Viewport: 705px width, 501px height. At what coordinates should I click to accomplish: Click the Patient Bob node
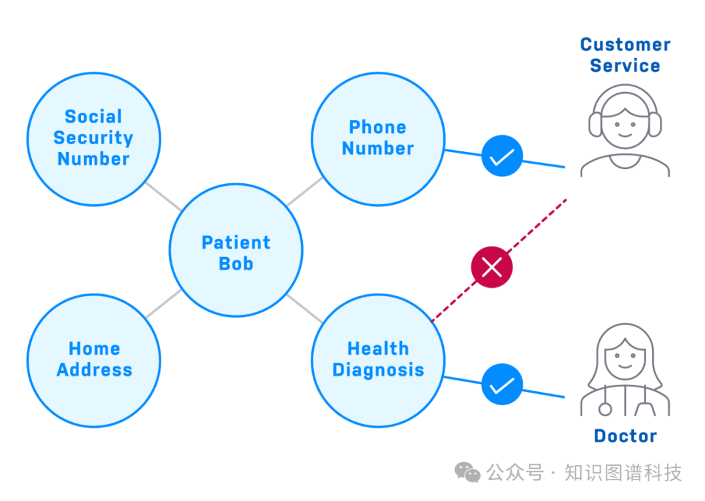click(x=236, y=250)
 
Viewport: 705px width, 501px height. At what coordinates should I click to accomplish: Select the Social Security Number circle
click(x=93, y=138)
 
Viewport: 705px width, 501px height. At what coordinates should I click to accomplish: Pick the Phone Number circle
click(x=377, y=138)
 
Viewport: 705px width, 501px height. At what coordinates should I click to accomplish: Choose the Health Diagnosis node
click(x=377, y=360)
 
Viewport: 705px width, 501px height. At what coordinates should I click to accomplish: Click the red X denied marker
click(x=492, y=267)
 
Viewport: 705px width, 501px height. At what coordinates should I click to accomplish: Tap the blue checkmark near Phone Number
click(x=502, y=157)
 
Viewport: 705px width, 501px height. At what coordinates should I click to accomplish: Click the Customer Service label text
click(x=625, y=55)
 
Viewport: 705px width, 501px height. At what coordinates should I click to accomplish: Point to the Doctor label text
click(x=625, y=436)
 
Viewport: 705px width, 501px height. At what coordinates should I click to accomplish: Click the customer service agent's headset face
click(x=625, y=121)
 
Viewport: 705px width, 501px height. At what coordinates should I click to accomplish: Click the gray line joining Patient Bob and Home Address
click(x=163, y=304)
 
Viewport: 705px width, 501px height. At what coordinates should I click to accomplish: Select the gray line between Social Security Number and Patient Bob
click(x=163, y=196)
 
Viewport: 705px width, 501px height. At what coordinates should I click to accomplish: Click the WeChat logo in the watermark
click(x=467, y=472)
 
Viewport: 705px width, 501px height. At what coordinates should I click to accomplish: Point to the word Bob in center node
click(x=236, y=264)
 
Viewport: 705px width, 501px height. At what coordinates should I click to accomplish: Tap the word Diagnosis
click(x=377, y=371)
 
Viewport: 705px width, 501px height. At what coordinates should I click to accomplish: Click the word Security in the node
click(x=93, y=138)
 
